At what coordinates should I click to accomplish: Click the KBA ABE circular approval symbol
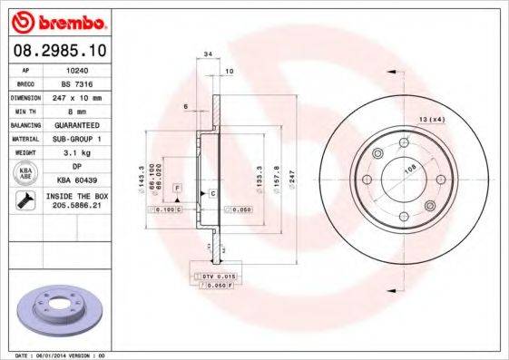pos(24,172)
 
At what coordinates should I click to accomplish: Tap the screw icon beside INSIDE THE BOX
pos(24,201)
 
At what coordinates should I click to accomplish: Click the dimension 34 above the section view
pos(209,55)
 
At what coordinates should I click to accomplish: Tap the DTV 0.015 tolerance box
pos(215,275)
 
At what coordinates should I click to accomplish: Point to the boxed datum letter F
pos(178,187)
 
